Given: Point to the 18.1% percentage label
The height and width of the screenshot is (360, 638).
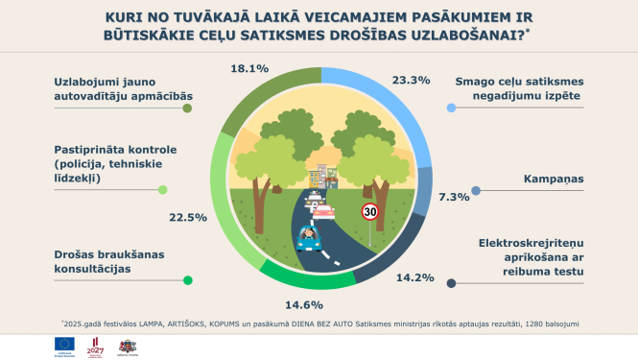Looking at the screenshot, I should click(249, 68).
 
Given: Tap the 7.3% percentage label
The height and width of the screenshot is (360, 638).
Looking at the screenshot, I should click(428, 197).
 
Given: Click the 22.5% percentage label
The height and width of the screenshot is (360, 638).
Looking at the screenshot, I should click(188, 218).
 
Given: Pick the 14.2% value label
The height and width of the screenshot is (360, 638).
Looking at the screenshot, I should click(414, 278).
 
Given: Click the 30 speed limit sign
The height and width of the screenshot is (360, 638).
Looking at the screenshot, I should click(368, 212).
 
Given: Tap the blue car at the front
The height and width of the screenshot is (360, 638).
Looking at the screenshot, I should click(310, 237).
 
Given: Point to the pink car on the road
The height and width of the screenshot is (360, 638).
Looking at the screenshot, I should click(326, 213).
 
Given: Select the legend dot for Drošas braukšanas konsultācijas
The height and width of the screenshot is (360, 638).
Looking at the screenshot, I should click(188, 280).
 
